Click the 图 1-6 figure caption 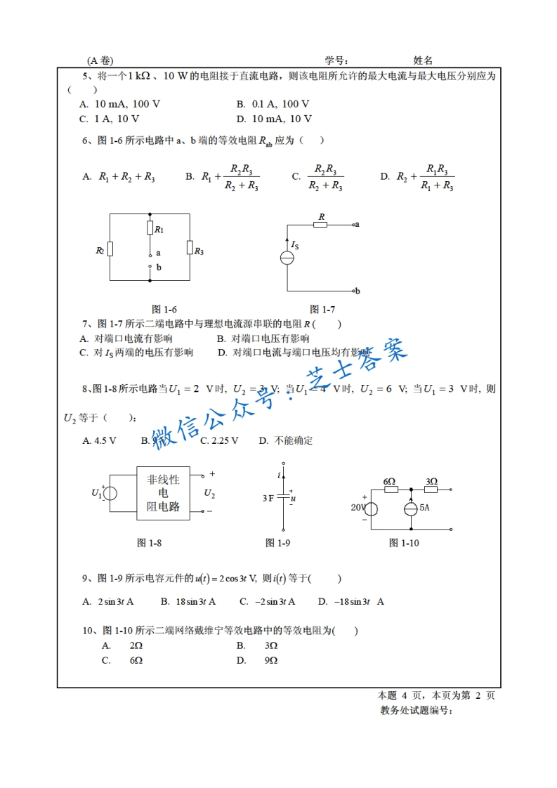point(164,309)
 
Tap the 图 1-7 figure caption point(322,309)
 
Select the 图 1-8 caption point(149,542)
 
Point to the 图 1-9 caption point(277,542)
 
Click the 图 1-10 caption point(404,542)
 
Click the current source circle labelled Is point(287,258)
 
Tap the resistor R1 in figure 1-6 point(150,228)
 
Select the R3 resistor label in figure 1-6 point(199,251)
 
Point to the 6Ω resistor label point(389,481)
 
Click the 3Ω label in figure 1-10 point(431,481)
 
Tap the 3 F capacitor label point(268,498)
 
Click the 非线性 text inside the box point(163,480)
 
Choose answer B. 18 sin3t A point(188,601)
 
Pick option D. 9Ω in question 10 point(257,660)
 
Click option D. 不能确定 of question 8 point(285,440)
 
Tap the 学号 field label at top point(335,61)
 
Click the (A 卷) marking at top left point(100,61)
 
